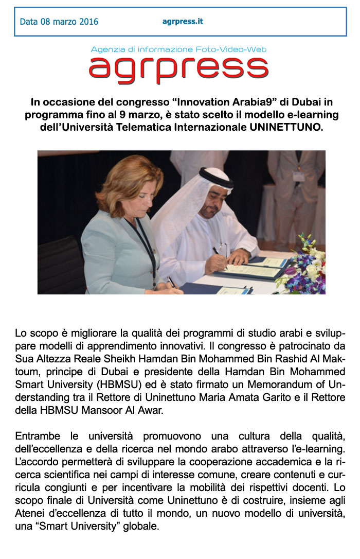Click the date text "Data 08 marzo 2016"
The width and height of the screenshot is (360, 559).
click(x=59, y=22)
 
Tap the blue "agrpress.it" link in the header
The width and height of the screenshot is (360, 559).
click(x=183, y=21)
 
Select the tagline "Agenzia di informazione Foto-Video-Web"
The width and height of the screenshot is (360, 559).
click(x=178, y=49)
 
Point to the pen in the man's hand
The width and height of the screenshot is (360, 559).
click(x=217, y=251)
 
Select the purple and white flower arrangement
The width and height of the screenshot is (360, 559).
click(x=307, y=265)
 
